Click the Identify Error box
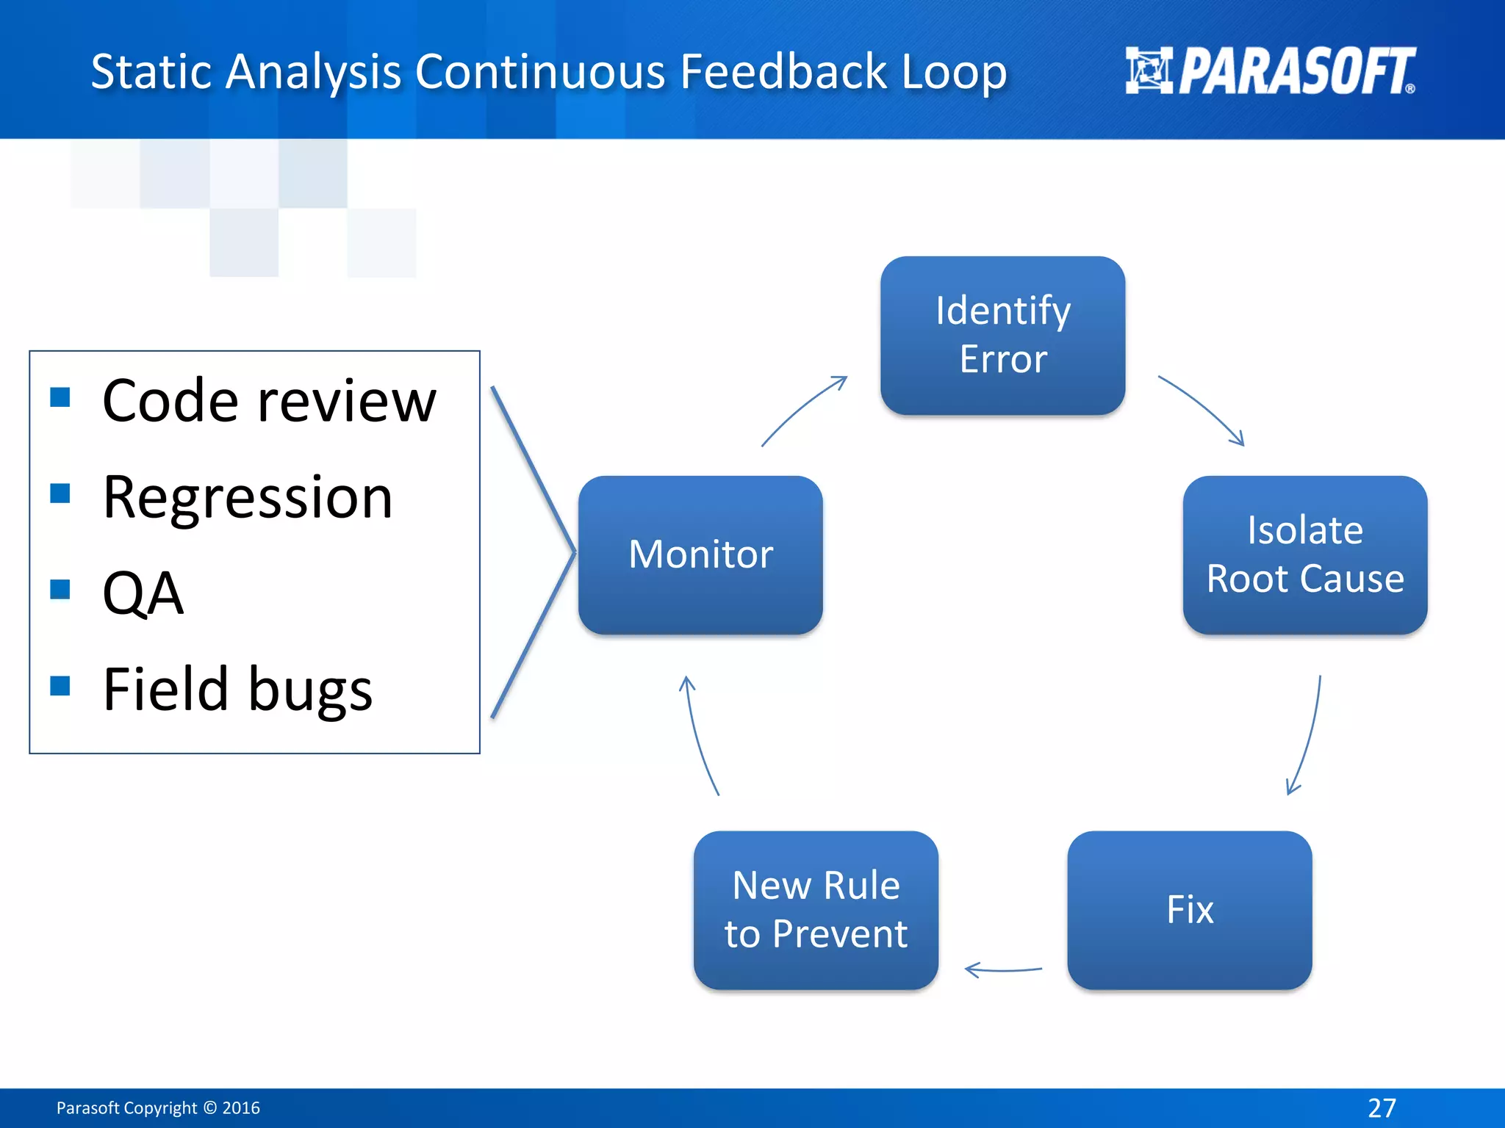tap(1002, 335)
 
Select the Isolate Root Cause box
tap(1304, 554)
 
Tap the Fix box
tap(1189, 910)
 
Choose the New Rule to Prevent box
tap(816, 910)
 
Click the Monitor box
tap(700, 554)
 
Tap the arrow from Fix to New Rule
tap(1003, 970)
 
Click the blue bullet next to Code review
tap(60, 397)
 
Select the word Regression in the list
tap(248, 497)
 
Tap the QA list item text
tap(143, 593)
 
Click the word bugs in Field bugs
tap(310, 690)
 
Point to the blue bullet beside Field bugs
tap(60, 685)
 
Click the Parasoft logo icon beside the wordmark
tap(1149, 70)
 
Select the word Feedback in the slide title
tap(784, 72)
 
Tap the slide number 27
tap(1382, 1107)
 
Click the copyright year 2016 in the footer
tap(241, 1107)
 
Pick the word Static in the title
tap(151, 72)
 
